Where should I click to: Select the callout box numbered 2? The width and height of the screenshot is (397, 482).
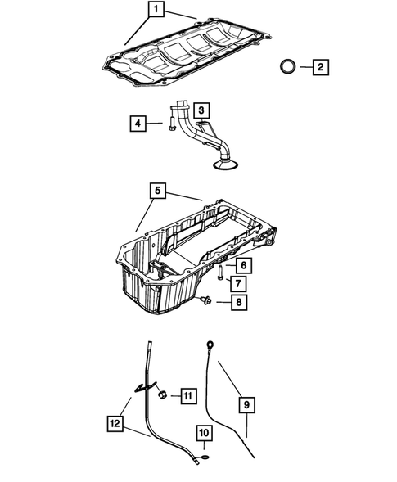coord(320,66)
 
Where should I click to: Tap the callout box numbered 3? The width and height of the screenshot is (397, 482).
coord(201,109)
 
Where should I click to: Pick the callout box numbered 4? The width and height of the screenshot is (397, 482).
coord(138,124)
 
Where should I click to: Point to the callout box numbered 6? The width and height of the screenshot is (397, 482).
coord(243,264)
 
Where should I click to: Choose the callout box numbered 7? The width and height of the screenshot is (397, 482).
coord(237,283)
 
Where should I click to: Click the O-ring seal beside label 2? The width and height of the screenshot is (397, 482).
coord(287,66)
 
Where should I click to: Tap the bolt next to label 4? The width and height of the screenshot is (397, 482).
coord(168,124)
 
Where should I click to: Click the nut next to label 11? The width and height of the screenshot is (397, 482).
coord(163,396)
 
